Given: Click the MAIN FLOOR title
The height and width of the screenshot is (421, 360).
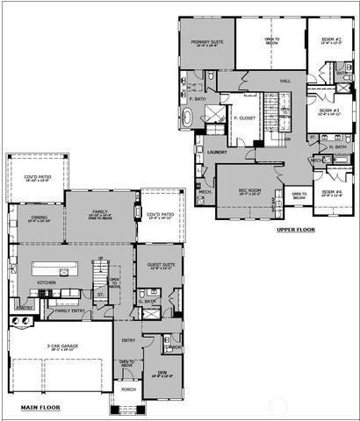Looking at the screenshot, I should click(41, 408).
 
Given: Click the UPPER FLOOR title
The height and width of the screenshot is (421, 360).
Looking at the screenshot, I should click(295, 230).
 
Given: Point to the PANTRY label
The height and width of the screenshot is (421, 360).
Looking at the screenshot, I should click(25, 308).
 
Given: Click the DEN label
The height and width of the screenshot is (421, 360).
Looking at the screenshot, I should click(162, 373).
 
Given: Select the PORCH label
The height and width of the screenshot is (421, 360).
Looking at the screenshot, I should click(129, 389).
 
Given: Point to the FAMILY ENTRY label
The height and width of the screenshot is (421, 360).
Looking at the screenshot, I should click(70, 310).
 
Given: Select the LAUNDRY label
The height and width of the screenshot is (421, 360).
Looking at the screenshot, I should click(217, 150).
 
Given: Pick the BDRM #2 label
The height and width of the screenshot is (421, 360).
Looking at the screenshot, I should click(329, 39).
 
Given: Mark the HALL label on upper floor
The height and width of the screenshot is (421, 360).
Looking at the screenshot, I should click(285, 81).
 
